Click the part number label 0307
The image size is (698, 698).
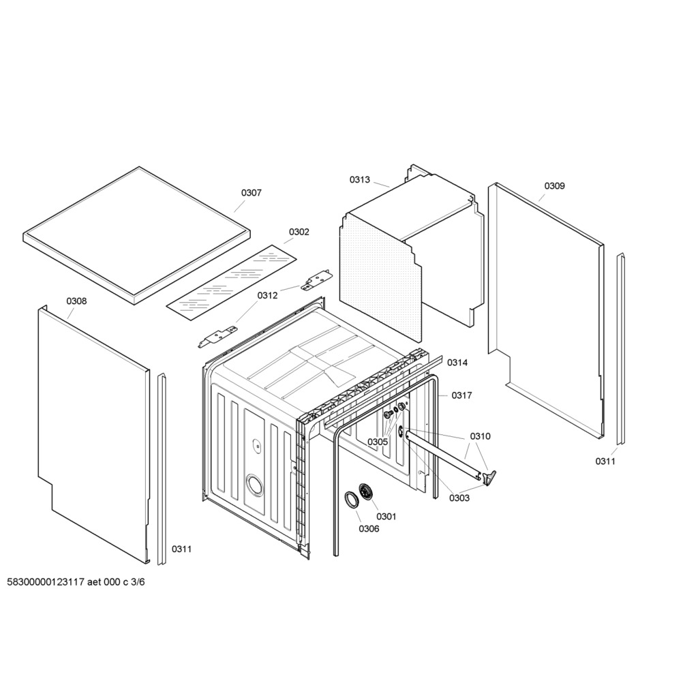pyautogui.click(x=252, y=193)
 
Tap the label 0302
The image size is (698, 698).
pyautogui.click(x=299, y=232)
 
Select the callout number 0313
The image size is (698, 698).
pyautogui.click(x=360, y=179)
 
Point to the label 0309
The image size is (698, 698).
pyautogui.click(x=555, y=185)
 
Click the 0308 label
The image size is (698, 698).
pyautogui.click(x=76, y=301)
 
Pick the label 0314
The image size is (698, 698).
pyautogui.click(x=457, y=363)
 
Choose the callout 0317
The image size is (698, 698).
pyautogui.click(x=462, y=395)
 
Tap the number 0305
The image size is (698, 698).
pyautogui.click(x=378, y=442)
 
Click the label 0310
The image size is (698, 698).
pyautogui.click(x=481, y=436)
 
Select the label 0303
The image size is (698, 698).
pyautogui.click(x=459, y=498)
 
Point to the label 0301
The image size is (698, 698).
pyautogui.click(x=386, y=517)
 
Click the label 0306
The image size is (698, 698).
pyautogui.click(x=369, y=528)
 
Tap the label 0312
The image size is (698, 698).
pyautogui.click(x=267, y=295)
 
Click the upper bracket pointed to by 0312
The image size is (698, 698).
pyautogui.click(x=316, y=280)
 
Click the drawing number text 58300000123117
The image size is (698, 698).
pyautogui.click(x=46, y=582)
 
